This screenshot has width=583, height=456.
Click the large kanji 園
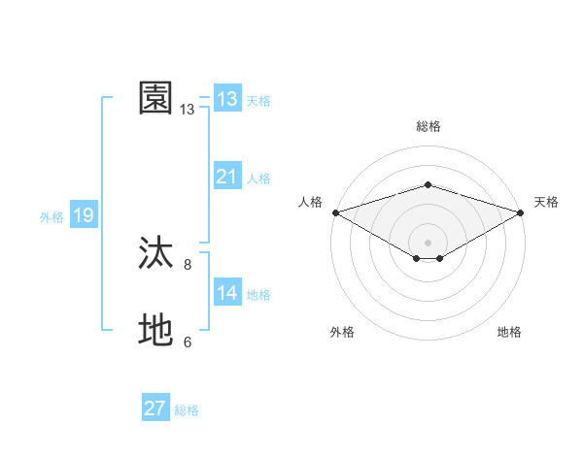click(156, 98)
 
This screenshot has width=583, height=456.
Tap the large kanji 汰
click(156, 253)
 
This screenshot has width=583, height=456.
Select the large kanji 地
click(156, 331)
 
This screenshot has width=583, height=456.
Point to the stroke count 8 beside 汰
click(188, 264)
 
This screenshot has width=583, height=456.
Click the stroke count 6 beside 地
click(188, 342)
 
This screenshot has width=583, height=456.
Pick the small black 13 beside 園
click(188, 110)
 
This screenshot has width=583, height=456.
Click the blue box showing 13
click(227, 99)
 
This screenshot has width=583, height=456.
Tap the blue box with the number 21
click(227, 177)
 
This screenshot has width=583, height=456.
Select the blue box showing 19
click(84, 215)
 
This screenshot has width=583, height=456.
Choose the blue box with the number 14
click(227, 293)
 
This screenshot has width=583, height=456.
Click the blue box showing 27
click(155, 408)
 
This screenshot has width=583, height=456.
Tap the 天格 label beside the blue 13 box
click(258, 101)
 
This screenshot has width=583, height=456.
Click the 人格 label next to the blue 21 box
click(258, 179)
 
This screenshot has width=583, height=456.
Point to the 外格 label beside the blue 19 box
click(51, 217)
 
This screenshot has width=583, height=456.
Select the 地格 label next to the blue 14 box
click(258, 295)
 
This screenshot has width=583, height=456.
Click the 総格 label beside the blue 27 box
click(187, 410)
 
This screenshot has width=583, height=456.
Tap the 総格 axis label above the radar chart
click(428, 126)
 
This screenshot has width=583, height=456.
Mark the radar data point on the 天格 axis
click(522, 212)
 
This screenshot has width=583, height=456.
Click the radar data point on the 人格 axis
click(334, 212)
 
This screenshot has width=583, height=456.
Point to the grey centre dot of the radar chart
click(428, 242)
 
